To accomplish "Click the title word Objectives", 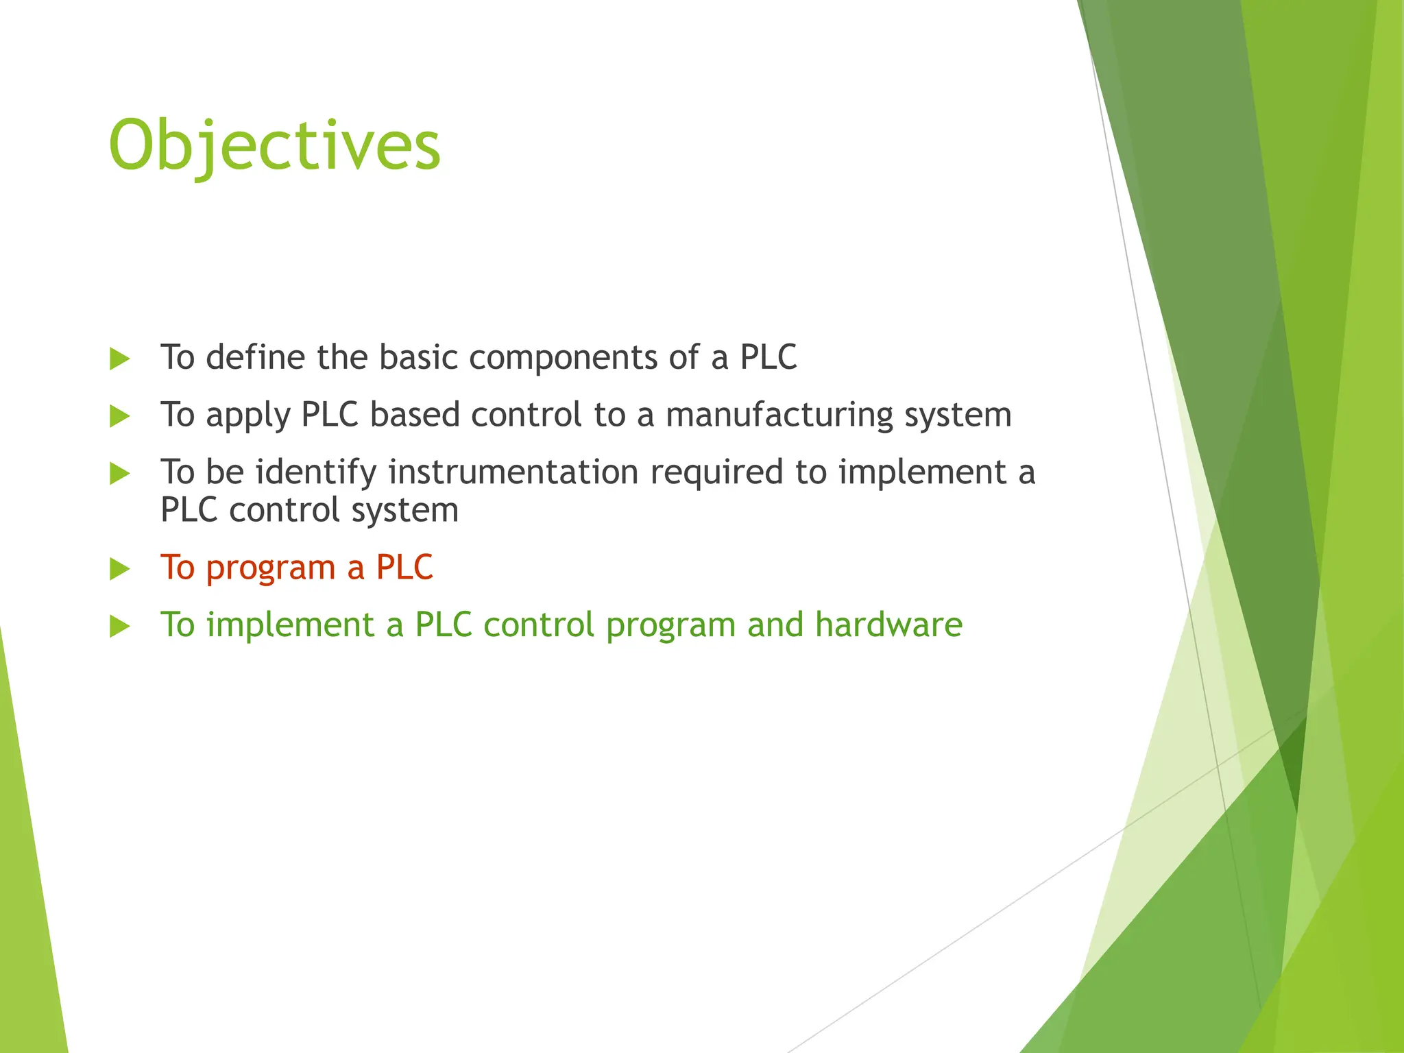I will tap(274, 145).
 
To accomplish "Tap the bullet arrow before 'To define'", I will tap(119, 359).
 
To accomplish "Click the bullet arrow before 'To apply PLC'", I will tap(119, 416).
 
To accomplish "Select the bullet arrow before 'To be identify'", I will tap(119, 473).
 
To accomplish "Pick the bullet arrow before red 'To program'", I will tap(119, 569).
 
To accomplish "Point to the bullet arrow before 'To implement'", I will tap(119, 626).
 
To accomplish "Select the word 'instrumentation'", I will tap(513, 472).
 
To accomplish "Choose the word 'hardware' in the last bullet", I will tap(888, 625).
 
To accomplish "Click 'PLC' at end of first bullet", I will tap(768, 358).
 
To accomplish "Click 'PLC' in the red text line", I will tap(404, 568).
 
